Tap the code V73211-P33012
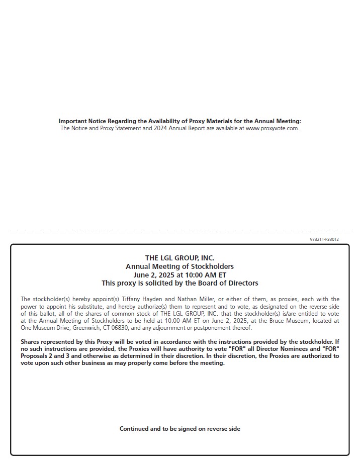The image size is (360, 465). pyautogui.click(x=324, y=239)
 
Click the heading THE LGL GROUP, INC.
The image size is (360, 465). pyautogui.click(x=179, y=258)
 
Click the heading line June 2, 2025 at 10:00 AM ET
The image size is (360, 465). pyautogui.click(x=179, y=275)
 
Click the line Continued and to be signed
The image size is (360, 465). pyautogui.click(x=179, y=429)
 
